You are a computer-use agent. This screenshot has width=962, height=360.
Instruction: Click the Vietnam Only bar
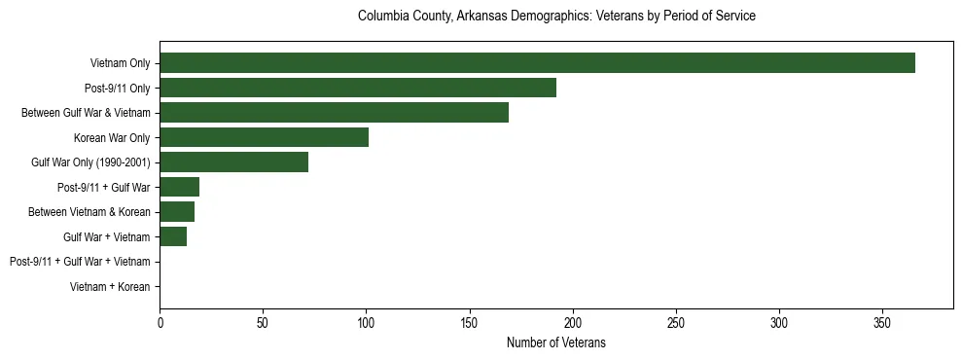tap(537, 63)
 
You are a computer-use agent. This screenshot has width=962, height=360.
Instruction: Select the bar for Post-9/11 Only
tap(358, 88)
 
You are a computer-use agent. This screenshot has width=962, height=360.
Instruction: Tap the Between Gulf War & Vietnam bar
tap(334, 113)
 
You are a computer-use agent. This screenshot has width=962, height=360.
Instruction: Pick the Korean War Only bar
tap(264, 137)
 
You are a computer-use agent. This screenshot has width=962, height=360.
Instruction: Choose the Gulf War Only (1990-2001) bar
tap(233, 162)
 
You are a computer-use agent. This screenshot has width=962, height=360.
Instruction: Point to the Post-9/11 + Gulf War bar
tap(179, 187)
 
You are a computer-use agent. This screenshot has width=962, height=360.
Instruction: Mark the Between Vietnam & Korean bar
tap(177, 212)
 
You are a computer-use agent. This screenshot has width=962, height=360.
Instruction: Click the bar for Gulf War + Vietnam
tap(173, 236)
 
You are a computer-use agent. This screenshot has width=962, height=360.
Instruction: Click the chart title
tap(556, 17)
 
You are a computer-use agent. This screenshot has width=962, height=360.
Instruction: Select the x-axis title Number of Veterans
tap(556, 342)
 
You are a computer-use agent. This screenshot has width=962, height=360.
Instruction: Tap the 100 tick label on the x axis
tap(366, 322)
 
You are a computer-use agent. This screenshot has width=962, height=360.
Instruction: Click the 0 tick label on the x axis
tap(160, 322)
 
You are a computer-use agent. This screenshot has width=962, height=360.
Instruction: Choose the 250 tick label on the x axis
tap(676, 322)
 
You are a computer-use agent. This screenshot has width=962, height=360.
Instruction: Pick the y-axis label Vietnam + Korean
tap(110, 287)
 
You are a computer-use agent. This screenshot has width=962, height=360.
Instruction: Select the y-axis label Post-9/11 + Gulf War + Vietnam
tap(80, 262)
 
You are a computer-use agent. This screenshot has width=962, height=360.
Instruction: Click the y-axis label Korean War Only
tap(112, 138)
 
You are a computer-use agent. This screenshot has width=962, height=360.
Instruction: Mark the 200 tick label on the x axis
tap(573, 322)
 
